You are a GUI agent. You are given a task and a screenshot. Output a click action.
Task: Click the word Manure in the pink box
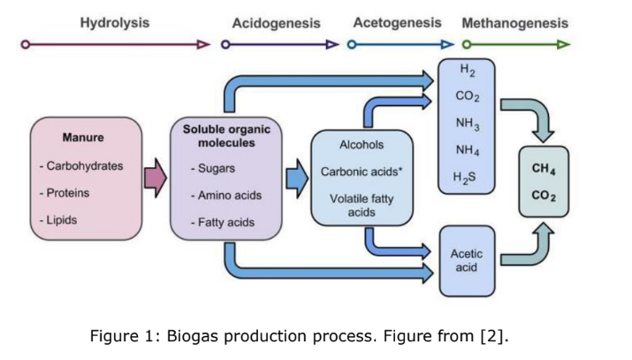coord(83,138)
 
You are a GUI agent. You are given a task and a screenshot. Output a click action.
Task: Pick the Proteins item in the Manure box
coord(65,192)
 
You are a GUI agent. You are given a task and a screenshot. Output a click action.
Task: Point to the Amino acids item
coord(225,195)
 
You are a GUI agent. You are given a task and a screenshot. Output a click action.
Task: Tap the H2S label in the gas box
coord(465,172)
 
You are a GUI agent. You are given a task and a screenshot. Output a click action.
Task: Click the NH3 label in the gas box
coord(465,121)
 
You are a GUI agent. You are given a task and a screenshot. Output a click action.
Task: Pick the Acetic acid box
coord(465,260)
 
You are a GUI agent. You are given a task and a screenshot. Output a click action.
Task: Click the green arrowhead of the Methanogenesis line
coord(564,42)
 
